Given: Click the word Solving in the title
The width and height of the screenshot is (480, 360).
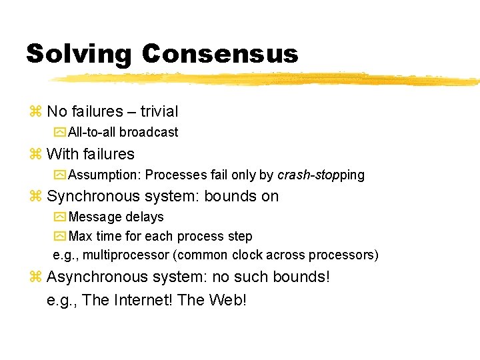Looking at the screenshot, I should point(79,54).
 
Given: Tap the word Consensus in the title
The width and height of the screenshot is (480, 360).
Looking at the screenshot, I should point(220,53).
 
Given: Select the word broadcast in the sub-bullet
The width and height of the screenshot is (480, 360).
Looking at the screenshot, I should point(149,132).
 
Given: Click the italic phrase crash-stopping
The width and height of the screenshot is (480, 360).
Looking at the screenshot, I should point(321,175).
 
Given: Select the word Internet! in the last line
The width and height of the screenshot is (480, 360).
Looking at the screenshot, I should point(142,300).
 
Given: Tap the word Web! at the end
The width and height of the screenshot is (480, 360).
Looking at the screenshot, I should point(227,300).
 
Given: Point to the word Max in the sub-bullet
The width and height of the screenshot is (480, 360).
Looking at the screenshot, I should point(80,236).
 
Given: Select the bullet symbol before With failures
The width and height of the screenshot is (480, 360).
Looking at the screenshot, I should point(36,154).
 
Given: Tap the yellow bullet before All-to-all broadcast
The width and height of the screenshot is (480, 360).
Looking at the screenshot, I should point(60,132).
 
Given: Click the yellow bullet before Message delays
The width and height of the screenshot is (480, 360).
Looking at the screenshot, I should point(60,217).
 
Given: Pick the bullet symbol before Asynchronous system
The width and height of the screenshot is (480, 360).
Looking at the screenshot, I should point(36,277).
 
